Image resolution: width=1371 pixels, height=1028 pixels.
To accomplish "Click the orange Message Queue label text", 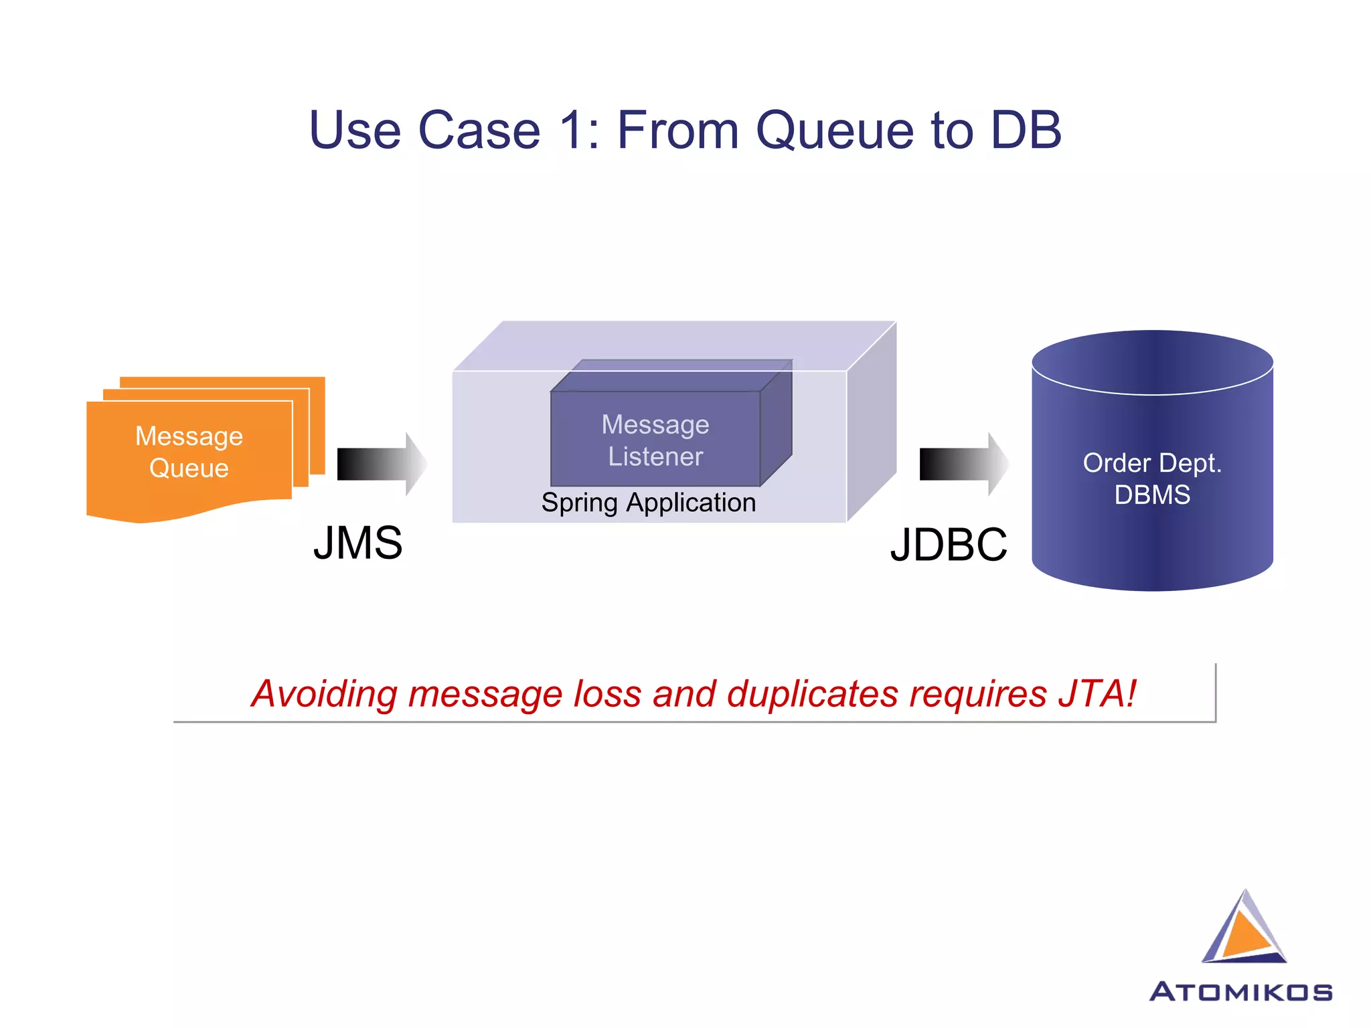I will [189, 452].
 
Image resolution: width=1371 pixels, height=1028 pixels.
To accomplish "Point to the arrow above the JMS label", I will [381, 464].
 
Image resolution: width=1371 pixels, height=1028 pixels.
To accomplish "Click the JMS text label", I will [357, 543].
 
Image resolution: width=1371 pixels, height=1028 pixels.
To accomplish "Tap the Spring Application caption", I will [648, 503].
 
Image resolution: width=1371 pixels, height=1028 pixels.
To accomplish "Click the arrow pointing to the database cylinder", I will [963, 464].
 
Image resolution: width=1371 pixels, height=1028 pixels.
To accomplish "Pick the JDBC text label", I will [948, 545].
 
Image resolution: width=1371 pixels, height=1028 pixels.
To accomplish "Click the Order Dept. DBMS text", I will [1151, 479].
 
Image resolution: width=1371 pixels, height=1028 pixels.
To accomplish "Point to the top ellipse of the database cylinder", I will [1151, 361].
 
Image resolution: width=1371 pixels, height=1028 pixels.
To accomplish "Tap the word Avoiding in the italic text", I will [324, 694].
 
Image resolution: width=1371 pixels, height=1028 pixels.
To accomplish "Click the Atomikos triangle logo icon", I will [1243, 930].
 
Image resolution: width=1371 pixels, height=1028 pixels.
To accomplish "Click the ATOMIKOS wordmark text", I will [1240, 992].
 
